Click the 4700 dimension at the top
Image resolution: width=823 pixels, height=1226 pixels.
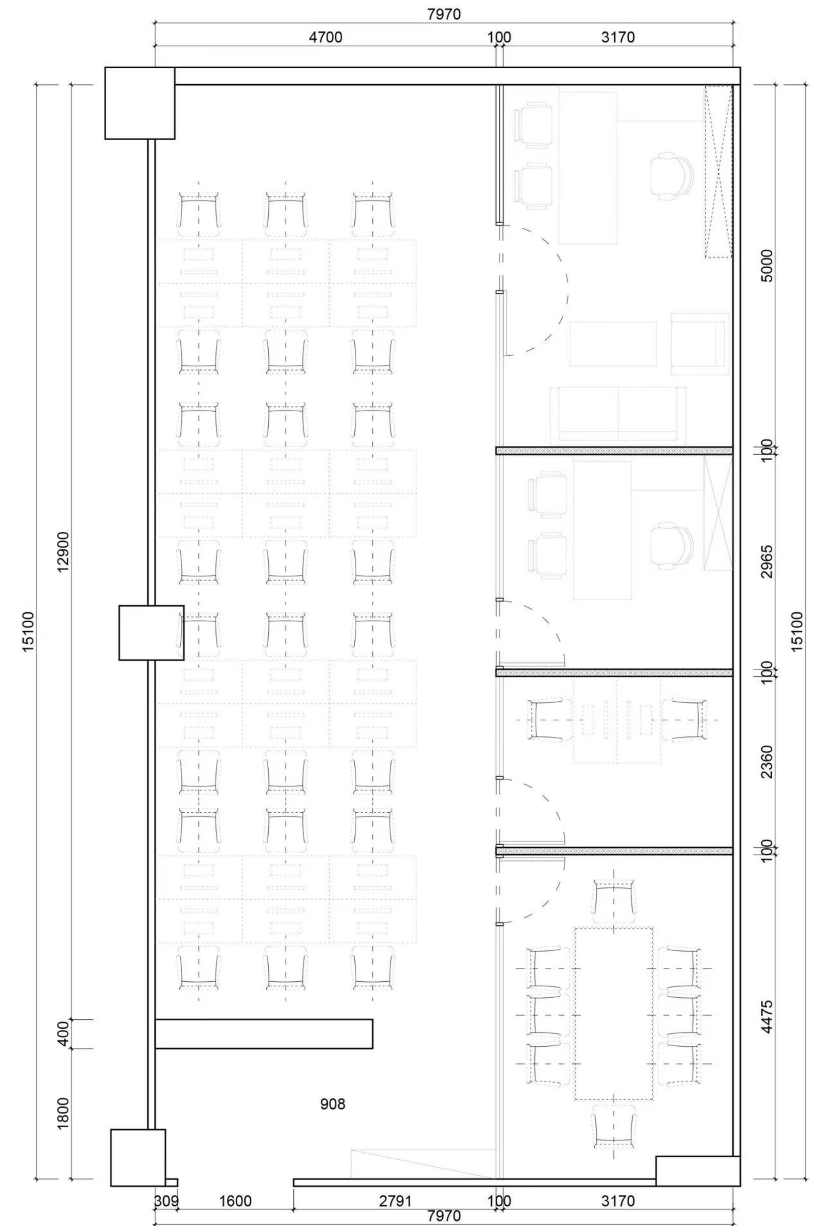click(x=325, y=38)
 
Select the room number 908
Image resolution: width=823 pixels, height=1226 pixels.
click(x=333, y=1104)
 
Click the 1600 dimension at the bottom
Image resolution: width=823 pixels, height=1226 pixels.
click(x=235, y=1186)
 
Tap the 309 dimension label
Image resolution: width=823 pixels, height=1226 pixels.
click(x=166, y=1186)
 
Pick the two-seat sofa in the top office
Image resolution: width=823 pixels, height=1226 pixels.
click(x=618, y=415)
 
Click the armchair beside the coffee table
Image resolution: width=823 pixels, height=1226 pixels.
click(x=700, y=343)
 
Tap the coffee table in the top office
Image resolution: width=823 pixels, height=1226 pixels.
click(x=613, y=343)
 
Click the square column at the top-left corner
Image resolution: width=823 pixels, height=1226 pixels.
click(x=139, y=103)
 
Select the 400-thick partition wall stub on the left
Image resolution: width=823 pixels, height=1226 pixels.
click(x=264, y=1034)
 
